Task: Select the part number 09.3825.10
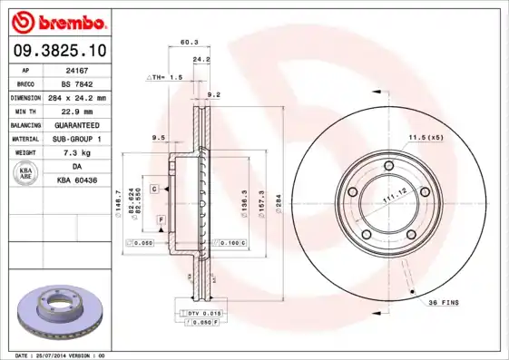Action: coord(56,52)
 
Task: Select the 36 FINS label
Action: coord(446,302)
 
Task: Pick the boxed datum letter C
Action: coord(154,188)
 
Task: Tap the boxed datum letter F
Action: coord(161,219)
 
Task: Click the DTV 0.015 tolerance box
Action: coord(201,313)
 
